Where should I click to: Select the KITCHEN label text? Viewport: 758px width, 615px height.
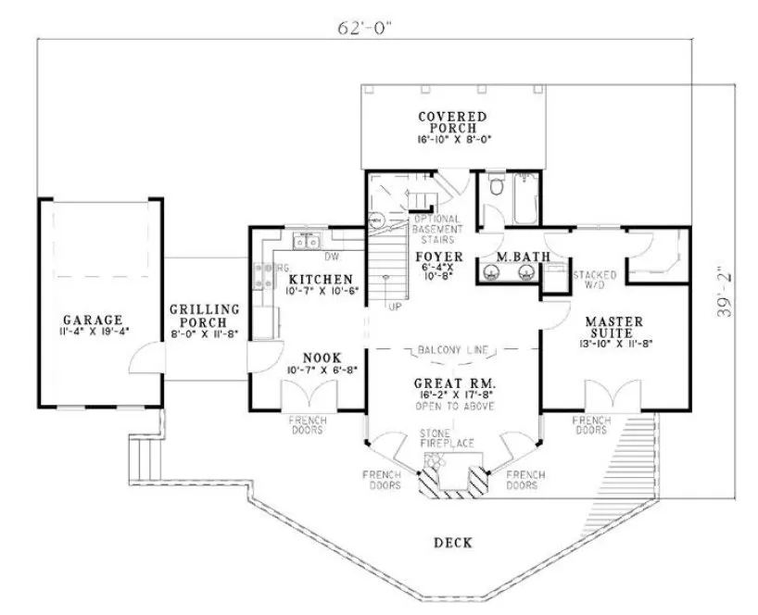[320, 279]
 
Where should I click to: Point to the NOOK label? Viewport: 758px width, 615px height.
[322, 357]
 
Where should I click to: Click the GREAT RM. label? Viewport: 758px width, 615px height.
[454, 382]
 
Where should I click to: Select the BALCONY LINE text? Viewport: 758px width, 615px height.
[454, 350]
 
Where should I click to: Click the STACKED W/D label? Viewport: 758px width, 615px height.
[590, 281]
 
